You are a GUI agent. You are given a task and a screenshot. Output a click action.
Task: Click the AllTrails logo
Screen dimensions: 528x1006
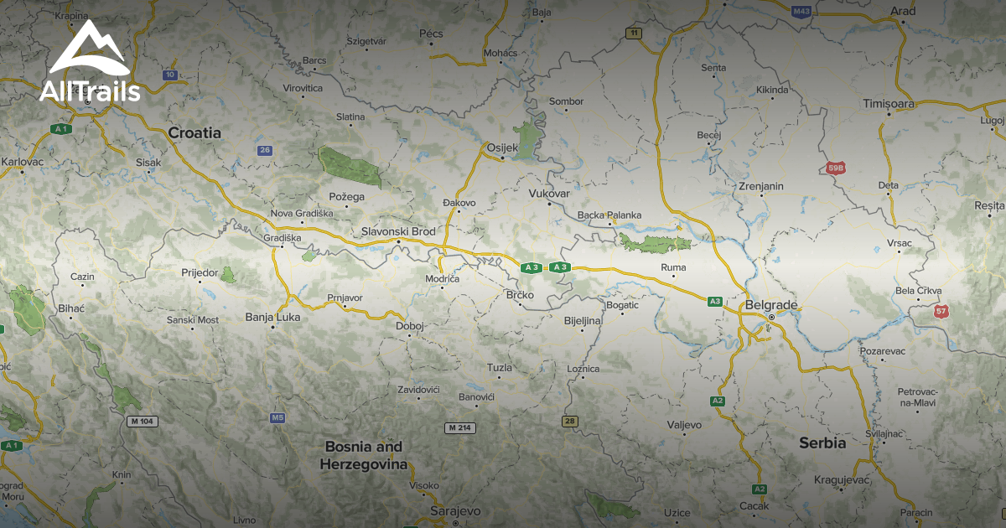pyautogui.click(x=89, y=63)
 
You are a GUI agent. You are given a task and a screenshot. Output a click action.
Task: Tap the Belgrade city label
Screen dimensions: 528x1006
pyautogui.click(x=770, y=305)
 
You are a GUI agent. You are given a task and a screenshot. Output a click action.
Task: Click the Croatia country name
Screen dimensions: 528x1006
pyautogui.click(x=194, y=132)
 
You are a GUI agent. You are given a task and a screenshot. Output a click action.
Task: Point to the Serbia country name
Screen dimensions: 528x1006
pyautogui.click(x=822, y=443)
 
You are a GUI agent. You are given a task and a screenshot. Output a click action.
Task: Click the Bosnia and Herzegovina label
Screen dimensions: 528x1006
pyautogui.click(x=364, y=455)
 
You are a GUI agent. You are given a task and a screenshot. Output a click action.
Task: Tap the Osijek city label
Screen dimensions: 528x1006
pyautogui.click(x=503, y=148)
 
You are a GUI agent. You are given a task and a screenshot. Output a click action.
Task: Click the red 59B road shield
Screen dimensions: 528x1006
pyautogui.click(x=835, y=168)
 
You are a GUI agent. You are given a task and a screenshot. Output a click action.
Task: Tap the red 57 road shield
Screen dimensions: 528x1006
pyautogui.click(x=942, y=311)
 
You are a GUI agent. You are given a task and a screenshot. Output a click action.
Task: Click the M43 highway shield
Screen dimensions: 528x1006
pyautogui.click(x=802, y=11)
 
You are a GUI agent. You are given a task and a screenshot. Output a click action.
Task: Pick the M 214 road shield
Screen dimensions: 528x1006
pyautogui.click(x=460, y=428)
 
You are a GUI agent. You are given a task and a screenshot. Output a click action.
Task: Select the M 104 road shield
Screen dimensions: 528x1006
pyautogui.click(x=143, y=421)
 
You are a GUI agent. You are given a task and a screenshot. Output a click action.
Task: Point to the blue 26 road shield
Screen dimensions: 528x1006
pyautogui.click(x=265, y=150)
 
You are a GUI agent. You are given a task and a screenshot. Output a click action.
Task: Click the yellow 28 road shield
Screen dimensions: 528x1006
pyautogui.click(x=570, y=421)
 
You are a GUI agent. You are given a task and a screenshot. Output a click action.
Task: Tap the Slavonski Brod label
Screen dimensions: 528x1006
pyautogui.click(x=398, y=231)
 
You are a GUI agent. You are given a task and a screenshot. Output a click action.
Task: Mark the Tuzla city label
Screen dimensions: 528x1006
pyautogui.click(x=499, y=367)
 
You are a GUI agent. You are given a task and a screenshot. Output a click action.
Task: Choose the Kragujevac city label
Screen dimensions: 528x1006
pyautogui.click(x=842, y=480)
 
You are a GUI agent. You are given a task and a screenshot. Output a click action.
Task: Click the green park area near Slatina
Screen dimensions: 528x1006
pyautogui.click(x=349, y=167)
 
